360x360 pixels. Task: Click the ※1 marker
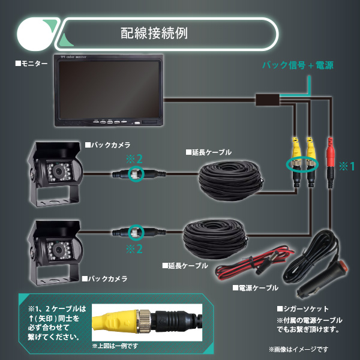[x=346, y=165]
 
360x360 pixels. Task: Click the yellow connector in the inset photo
[x=120, y=323]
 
